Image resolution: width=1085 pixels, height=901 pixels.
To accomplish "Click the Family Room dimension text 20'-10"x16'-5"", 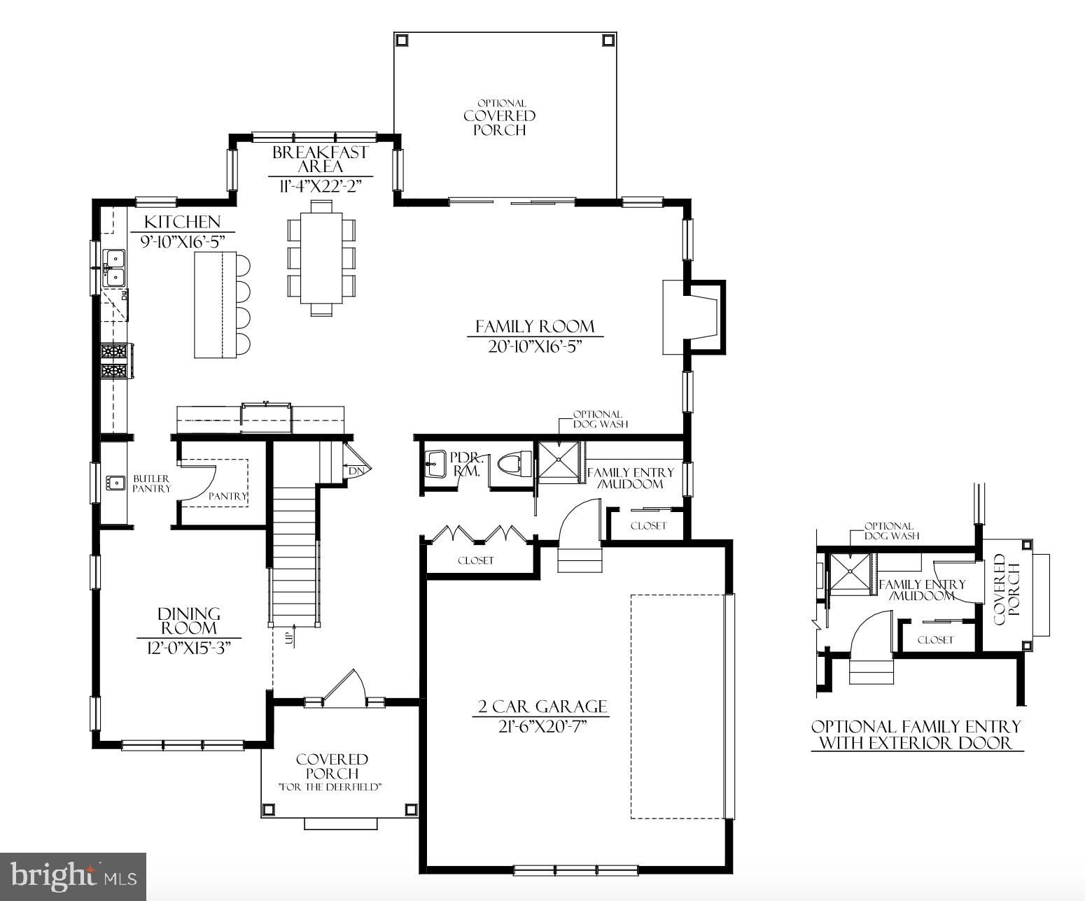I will (x=535, y=346).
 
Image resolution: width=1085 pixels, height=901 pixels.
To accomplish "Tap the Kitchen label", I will (x=182, y=222).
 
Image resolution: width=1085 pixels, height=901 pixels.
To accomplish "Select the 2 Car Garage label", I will (x=542, y=707).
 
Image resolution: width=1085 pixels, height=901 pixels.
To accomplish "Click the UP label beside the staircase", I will (x=288, y=637).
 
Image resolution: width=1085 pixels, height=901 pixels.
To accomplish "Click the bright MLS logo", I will (x=73, y=876).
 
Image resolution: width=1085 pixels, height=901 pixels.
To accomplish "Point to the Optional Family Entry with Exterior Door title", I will (x=916, y=735).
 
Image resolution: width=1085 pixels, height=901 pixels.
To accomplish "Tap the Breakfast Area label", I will (x=320, y=159).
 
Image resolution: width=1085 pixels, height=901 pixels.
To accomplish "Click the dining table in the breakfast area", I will (x=321, y=258).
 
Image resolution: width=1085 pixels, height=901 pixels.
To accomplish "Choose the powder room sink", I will (x=434, y=462).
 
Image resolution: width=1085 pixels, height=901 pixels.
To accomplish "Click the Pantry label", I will (x=227, y=496).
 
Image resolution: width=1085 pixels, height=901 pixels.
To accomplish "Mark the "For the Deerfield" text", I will (x=330, y=787).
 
